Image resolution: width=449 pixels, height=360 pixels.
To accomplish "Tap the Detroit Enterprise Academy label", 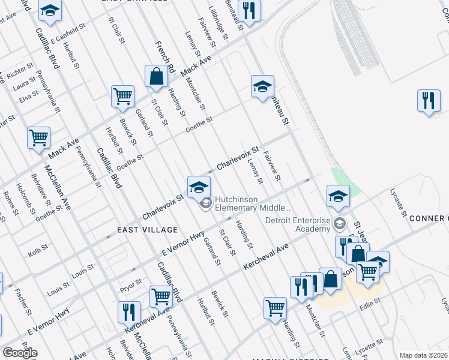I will click(298, 225).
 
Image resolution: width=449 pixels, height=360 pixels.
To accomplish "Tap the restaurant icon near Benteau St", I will click(249, 10).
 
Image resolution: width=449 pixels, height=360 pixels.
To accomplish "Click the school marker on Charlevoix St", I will click(199, 188).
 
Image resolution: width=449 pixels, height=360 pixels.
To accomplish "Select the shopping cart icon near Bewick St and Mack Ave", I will click(122, 96).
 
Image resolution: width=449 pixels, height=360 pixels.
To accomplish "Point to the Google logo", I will click(20, 352).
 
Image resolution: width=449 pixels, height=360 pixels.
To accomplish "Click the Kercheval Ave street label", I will click(267, 257).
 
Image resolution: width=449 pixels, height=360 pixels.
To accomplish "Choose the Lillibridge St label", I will click(219, 24).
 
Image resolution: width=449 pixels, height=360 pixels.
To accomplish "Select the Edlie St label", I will click(369, 300).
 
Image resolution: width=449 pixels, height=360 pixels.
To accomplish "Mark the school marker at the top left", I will click(50, 10).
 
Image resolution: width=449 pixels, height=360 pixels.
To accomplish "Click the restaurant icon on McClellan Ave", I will click(129, 313).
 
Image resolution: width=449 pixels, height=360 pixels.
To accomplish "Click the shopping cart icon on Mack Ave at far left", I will click(39, 138).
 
